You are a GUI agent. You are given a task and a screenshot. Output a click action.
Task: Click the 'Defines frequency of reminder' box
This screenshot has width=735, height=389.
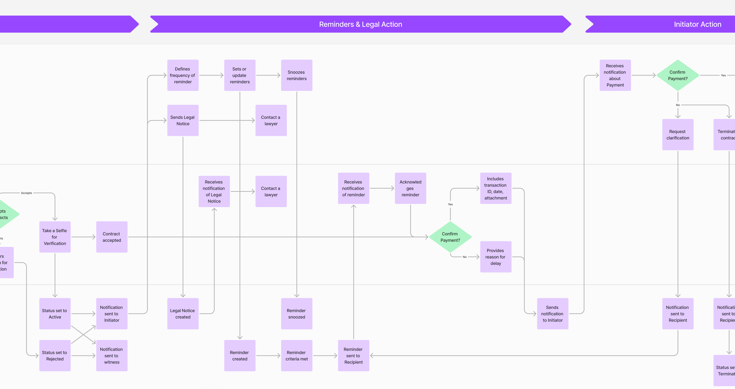[x=183, y=75]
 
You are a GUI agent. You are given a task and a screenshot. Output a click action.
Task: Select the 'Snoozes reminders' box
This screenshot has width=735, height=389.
[x=297, y=75]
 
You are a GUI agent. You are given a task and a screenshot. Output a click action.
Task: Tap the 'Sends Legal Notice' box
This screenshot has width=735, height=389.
[x=183, y=120]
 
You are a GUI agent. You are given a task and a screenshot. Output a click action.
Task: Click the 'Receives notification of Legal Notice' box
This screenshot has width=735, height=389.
[x=214, y=191]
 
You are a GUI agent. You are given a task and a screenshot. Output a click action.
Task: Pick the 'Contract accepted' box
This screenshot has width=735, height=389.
[x=112, y=237]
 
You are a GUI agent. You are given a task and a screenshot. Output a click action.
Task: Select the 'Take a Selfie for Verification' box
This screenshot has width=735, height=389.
[x=55, y=237]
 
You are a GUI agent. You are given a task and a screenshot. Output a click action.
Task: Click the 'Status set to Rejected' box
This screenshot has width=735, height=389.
[x=55, y=356]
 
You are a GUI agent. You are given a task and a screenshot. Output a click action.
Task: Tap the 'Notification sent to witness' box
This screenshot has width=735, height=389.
[x=112, y=356]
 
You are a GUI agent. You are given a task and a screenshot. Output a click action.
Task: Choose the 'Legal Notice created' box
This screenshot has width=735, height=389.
[x=183, y=314]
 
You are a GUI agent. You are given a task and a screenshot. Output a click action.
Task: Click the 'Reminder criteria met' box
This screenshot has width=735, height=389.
[x=297, y=356]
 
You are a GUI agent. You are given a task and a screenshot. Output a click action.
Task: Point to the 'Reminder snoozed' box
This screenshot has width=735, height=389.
[x=297, y=314]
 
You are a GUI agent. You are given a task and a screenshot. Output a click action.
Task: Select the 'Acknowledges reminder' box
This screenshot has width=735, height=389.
[x=410, y=188]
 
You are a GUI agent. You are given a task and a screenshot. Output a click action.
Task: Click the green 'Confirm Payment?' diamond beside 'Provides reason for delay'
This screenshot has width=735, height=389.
[x=450, y=237]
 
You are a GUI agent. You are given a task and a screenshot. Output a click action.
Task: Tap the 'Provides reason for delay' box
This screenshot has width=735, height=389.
[x=496, y=257]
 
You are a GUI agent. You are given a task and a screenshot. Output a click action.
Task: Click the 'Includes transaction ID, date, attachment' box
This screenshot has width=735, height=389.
[x=496, y=188]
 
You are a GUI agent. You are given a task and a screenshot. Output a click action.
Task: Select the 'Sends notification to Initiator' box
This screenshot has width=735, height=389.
[x=552, y=314]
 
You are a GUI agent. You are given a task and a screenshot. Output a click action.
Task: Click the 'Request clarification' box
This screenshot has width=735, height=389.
[x=678, y=135]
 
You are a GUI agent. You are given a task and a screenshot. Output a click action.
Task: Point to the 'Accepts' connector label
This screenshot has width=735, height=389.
[x=26, y=193]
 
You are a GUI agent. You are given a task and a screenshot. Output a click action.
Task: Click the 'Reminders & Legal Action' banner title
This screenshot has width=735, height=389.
[x=360, y=24]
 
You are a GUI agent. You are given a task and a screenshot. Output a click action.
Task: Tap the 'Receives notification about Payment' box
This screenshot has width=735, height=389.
[x=615, y=75]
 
